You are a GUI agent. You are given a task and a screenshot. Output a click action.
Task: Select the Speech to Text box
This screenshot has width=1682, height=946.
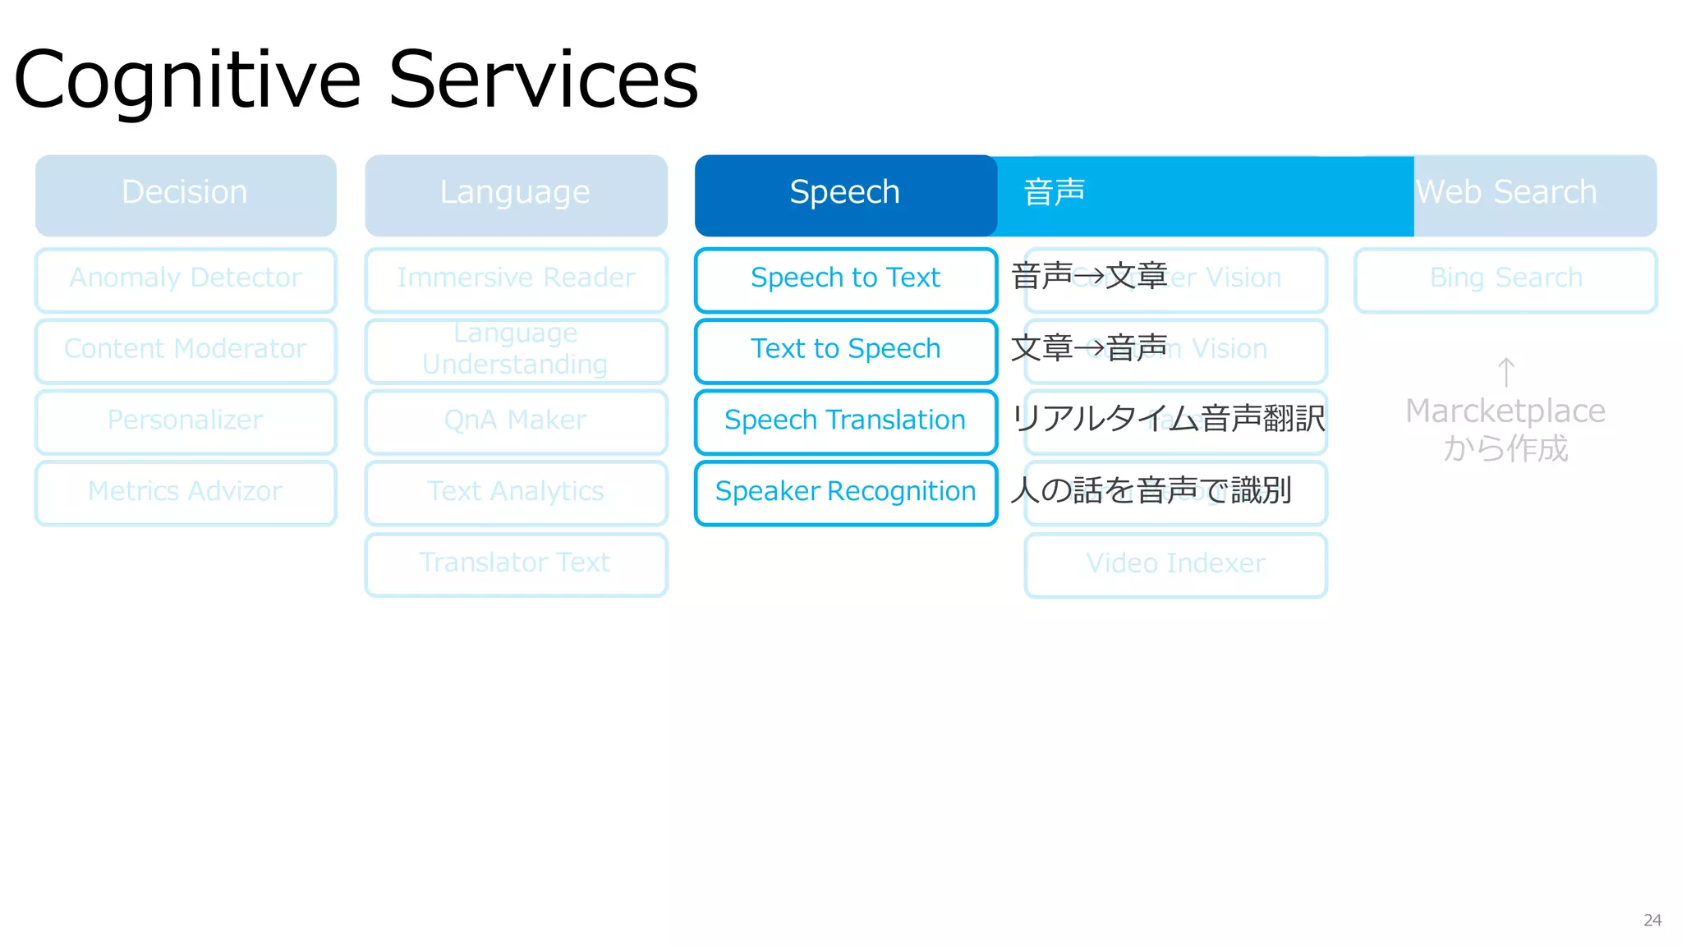pyautogui.click(x=845, y=279)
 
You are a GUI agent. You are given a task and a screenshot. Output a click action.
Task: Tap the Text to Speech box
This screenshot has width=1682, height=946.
pyautogui.click(x=845, y=350)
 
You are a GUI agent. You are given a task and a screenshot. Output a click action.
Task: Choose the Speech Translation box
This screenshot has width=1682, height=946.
pyautogui.click(x=845, y=421)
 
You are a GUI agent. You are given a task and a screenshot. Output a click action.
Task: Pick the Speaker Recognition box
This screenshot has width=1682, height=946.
pyautogui.click(x=845, y=492)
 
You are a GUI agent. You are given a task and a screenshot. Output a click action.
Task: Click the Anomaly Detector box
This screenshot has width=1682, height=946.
pyautogui.click(x=186, y=279)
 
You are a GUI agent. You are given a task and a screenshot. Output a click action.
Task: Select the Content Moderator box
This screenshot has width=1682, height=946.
pyautogui.click(x=186, y=350)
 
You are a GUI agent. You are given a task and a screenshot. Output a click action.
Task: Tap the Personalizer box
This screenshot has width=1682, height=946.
pyautogui.click(x=186, y=421)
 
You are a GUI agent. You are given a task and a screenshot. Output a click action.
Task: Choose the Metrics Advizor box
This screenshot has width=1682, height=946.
pyautogui.click(x=186, y=492)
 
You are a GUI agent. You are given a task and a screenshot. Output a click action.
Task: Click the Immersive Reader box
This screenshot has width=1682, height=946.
pyautogui.click(x=516, y=279)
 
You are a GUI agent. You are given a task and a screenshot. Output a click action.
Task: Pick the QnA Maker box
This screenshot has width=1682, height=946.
pyautogui.click(x=516, y=421)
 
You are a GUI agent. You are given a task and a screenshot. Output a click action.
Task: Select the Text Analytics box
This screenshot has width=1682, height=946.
pyautogui.click(x=516, y=492)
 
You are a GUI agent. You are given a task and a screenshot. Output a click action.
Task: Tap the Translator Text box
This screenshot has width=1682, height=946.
pyautogui.click(x=516, y=563)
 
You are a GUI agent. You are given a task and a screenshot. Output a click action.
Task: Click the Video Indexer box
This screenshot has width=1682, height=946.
pyautogui.click(x=1175, y=564)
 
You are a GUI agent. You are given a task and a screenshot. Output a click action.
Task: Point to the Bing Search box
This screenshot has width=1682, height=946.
pyautogui.click(x=1505, y=279)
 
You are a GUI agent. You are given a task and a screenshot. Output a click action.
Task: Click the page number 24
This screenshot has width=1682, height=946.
pyautogui.click(x=1652, y=921)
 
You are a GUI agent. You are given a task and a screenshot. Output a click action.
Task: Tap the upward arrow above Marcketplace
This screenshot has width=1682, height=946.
pyautogui.click(x=1505, y=372)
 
